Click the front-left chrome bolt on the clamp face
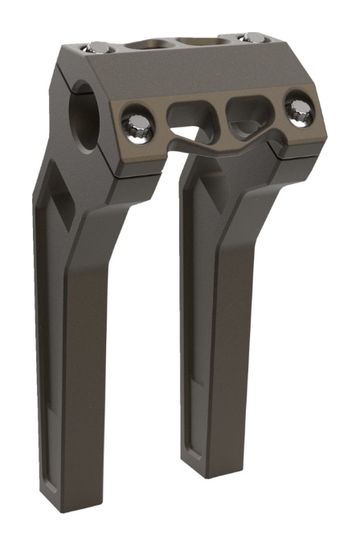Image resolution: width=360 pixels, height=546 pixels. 133,123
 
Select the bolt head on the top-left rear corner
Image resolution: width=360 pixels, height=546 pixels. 96,48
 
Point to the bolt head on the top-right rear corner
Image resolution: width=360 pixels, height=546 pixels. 252,37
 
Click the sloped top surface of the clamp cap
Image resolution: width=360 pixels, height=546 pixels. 161,72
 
